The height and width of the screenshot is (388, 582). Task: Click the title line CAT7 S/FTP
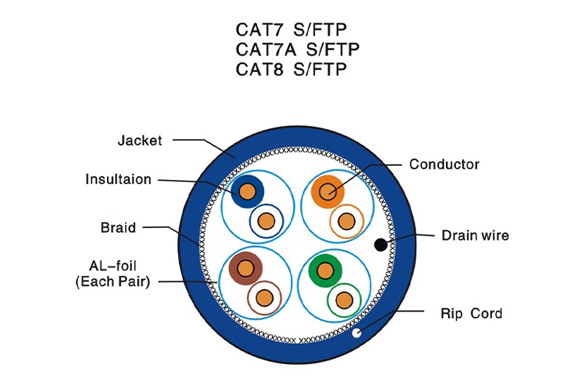click(291, 30)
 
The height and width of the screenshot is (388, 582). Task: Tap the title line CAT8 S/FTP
click(291, 69)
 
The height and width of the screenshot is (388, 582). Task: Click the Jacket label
click(140, 140)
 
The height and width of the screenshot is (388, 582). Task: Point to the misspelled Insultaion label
click(118, 179)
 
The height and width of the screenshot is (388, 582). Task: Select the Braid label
click(118, 228)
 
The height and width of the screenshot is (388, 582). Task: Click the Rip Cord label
click(471, 314)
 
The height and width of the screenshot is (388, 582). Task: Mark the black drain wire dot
click(380, 244)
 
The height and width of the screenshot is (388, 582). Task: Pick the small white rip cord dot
click(356, 334)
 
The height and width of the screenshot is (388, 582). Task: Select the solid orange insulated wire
click(327, 191)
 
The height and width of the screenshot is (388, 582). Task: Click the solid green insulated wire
click(324, 270)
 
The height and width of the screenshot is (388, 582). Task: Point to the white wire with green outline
click(344, 298)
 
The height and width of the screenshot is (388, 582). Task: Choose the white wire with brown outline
click(265, 297)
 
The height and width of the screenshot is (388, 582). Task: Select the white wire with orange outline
click(346, 220)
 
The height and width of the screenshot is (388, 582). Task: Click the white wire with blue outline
click(267, 221)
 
